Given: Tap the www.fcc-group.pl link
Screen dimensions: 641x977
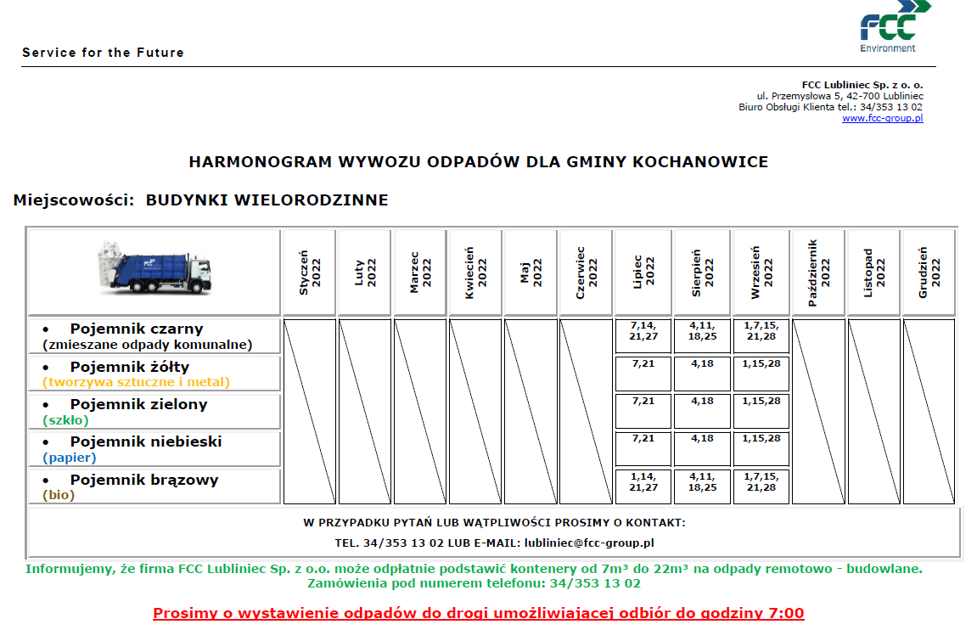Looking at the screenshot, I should [882, 118].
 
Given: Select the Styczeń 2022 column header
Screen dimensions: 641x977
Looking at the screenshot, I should [309, 272].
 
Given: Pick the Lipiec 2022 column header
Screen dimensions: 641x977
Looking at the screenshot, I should [643, 272].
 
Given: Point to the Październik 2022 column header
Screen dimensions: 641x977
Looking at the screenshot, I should [818, 272].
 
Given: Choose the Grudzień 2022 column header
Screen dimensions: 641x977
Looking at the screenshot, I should [929, 272].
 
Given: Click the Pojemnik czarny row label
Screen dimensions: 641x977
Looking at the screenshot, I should [137, 329].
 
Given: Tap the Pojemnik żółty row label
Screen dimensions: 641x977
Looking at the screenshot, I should [129, 367].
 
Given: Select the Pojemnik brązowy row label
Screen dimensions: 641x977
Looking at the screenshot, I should [144, 480].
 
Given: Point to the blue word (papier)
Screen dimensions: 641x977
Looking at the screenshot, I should [70, 458].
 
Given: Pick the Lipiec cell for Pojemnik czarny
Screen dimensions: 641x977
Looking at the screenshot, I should [643, 335].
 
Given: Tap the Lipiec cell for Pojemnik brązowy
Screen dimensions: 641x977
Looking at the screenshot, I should [643, 486].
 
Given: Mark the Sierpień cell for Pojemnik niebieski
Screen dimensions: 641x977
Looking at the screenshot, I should [702, 448].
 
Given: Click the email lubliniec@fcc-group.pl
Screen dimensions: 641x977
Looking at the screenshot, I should [588, 543].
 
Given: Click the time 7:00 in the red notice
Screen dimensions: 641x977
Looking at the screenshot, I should [784, 613].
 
